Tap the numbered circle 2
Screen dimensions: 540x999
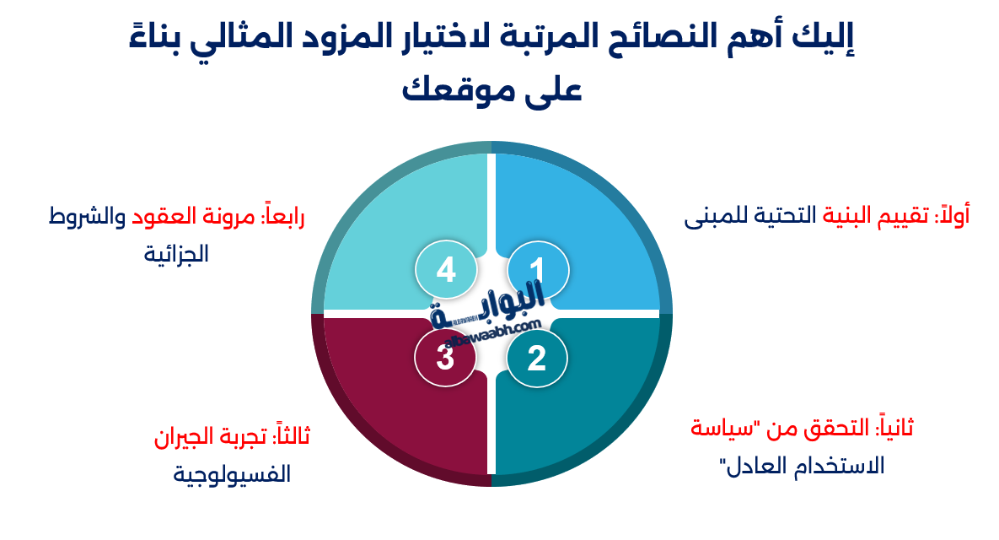click(537, 359)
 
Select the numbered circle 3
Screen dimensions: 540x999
click(446, 359)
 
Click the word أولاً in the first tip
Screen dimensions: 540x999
click(950, 216)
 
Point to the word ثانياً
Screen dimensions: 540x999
click(894, 429)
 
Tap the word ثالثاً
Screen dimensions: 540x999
click(289, 438)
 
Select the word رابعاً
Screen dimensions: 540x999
click(282, 217)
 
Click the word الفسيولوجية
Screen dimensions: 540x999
click(232, 474)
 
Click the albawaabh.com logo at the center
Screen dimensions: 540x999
click(489, 316)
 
